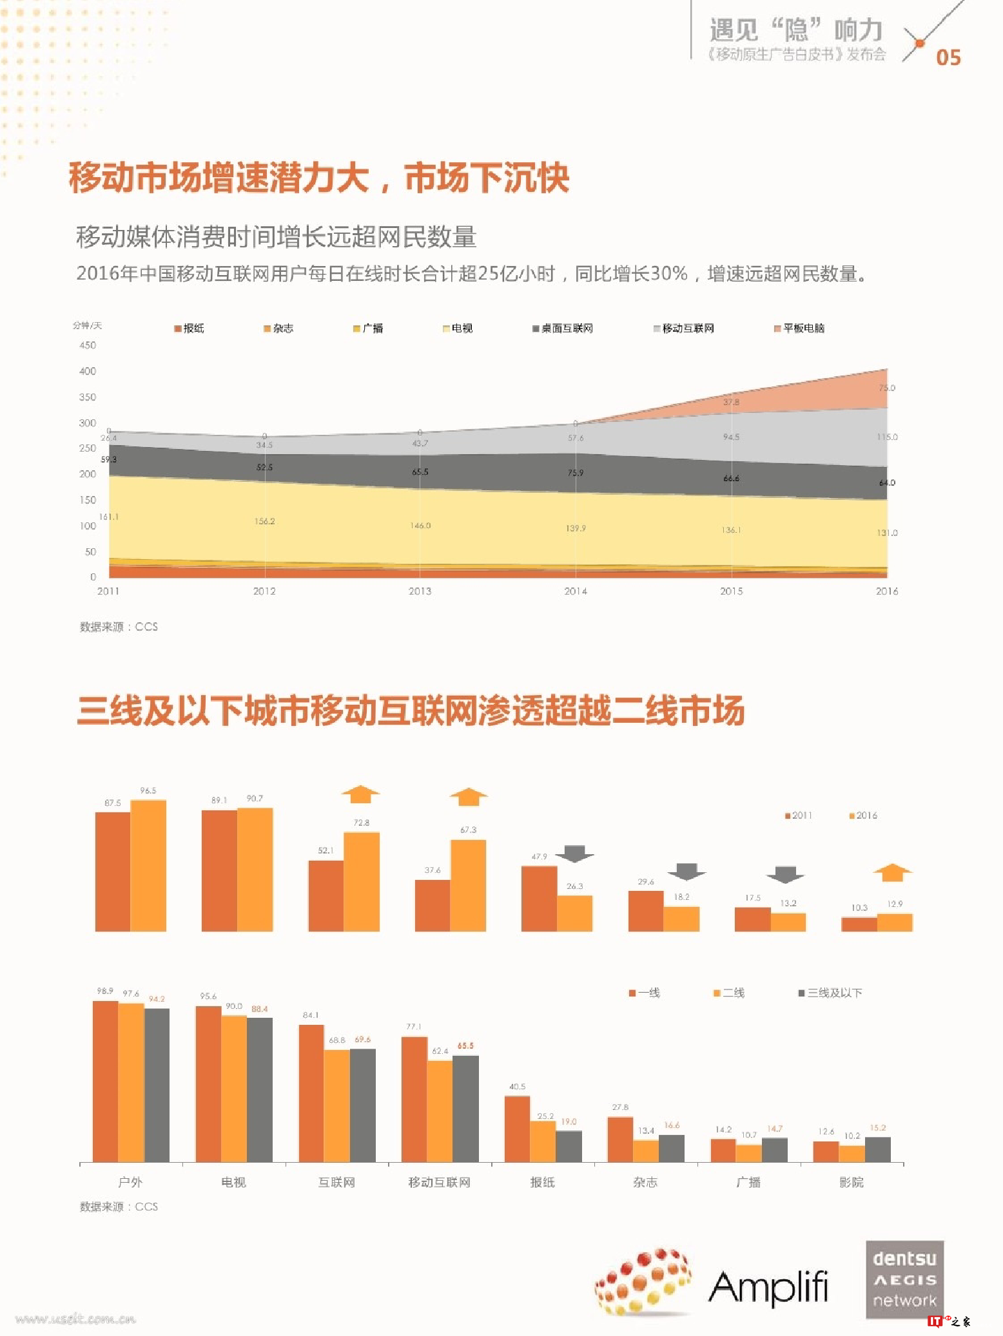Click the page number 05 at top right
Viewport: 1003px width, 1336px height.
(x=948, y=57)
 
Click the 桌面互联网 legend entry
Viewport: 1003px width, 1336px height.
(x=562, y=329)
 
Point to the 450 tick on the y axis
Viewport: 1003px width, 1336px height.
(x=88, y=345)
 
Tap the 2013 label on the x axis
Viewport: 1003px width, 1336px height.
(x=420, y=591)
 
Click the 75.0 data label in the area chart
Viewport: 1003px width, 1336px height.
(x=886, y=388)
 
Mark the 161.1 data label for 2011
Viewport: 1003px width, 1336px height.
(x=108, y=517)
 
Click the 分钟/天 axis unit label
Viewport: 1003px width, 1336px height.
(x=87, y=325)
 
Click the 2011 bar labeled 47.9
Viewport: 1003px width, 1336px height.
(x=539, y=898)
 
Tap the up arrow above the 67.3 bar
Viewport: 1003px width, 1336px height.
(x=469, y=796)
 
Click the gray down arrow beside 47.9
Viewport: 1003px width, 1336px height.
(x=574, y=854)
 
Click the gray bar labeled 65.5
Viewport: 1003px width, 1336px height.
(x=465, y=1108)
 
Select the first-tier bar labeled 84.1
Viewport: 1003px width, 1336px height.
(x=311, y=1093)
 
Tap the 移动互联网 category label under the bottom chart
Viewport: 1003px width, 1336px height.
(x=439, y=1182)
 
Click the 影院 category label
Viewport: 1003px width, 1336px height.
(x=851, y=1182)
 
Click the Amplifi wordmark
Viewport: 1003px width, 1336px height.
(x=768, y=1287)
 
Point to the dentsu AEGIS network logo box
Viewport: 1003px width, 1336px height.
(x=904, y=1279)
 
